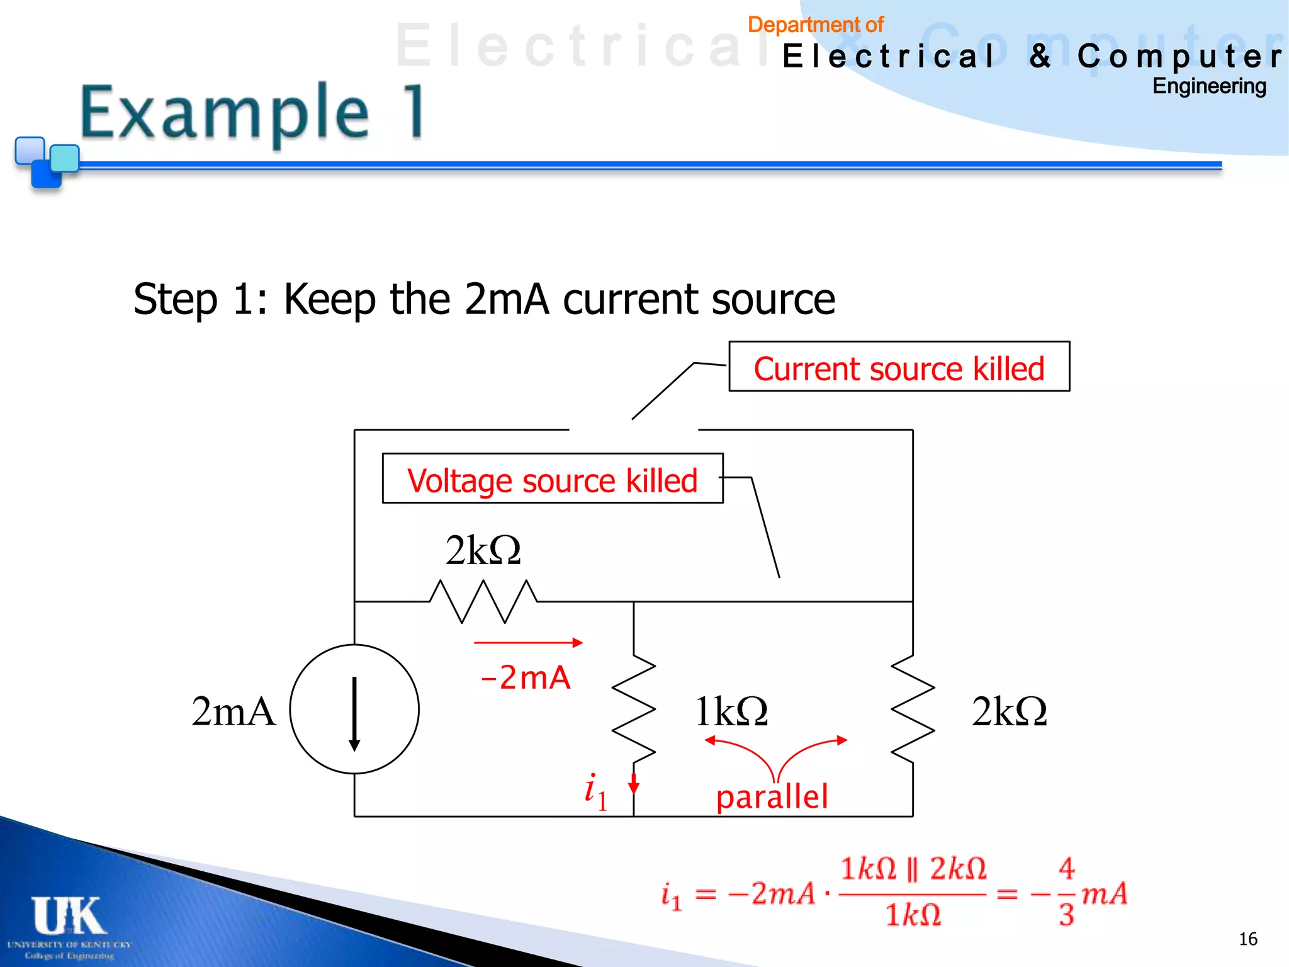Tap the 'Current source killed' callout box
[899, 368]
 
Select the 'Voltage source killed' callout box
[552, 480]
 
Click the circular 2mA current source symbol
[354, 710]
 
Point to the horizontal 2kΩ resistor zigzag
[483, 601]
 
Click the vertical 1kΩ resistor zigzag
[634, 708]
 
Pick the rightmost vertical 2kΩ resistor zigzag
[913, 708]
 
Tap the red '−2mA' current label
[526, 678]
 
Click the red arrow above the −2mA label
[528, 643]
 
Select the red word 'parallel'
[772, 797]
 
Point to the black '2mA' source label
[234, 711]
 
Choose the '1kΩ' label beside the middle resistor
[731, 712]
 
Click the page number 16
[1247, 939]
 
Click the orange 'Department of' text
[815, 25]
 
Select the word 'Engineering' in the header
[1208, 86]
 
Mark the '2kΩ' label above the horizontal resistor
[483, 550]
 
